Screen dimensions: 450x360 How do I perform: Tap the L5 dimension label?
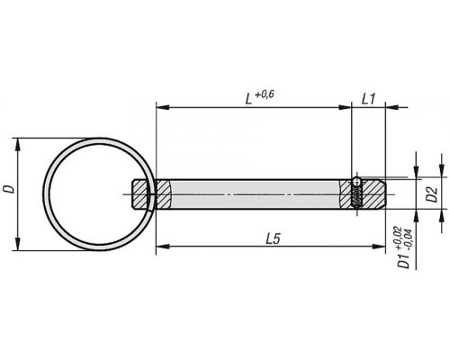(273, 239)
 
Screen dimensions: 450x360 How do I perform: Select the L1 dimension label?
(369, 99)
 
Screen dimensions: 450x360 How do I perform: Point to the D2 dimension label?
(433, 194)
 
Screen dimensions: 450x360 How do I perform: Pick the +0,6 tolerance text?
(265, 94)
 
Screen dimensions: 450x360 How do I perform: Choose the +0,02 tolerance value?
(399, 238)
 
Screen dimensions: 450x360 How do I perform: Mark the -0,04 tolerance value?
(408, 239)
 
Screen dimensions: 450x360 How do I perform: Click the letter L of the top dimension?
(248, 99)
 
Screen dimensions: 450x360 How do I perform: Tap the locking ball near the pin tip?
(356, 181)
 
